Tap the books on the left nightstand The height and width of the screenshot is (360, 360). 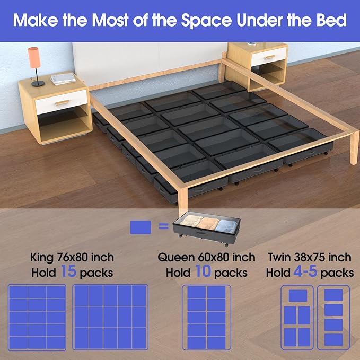(x=63, y=79)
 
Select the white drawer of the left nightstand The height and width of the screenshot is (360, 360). (x=61, y=101)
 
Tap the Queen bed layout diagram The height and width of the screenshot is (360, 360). (x=206, y=317)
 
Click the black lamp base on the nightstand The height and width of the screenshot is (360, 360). (x=38, y=83)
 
